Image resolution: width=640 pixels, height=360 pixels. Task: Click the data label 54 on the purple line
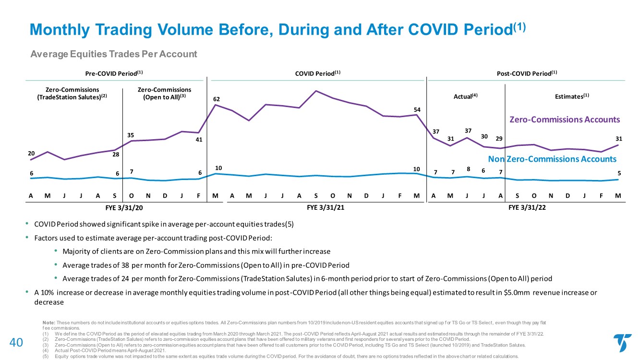(417, 110)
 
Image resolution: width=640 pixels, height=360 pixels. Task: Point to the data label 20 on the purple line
(31, 153)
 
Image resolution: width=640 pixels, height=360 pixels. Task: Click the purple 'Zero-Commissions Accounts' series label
(564, 120)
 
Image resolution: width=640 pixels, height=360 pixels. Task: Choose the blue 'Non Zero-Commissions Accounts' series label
(552, 159)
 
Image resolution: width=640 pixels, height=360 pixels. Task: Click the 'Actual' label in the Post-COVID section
(466, 96)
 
